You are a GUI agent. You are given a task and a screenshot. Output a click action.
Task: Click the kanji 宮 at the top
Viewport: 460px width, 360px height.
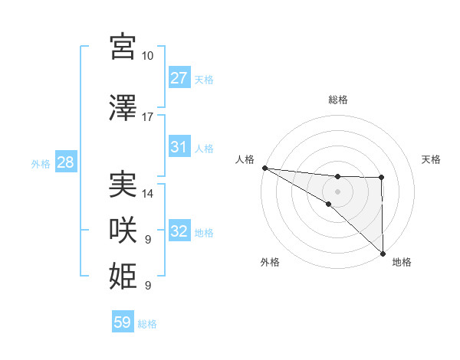click(x=123, y=46)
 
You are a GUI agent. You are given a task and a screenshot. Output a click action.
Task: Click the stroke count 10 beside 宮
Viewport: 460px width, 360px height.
click(x=148, y=56)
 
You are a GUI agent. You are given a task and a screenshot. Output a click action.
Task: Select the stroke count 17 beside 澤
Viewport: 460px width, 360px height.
click(x=148, y=117)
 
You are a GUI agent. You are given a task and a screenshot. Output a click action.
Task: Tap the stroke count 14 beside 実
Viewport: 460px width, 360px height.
click(x=148, y=194)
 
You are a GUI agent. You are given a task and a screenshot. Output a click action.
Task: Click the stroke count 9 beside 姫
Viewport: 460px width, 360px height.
click(x=148, y=285)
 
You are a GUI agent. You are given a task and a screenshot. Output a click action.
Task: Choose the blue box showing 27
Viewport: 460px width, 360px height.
click(x=179, y=77)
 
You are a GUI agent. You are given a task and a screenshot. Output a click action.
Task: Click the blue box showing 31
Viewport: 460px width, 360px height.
click(x=179, y=147)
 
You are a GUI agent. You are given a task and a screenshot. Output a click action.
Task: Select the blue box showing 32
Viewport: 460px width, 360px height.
click(x=179, y=231)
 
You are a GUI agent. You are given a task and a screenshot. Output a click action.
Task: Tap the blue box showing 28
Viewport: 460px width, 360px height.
click(x=65, y=162)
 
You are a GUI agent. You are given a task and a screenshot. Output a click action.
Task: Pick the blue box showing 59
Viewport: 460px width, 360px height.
click(x=123, y=322)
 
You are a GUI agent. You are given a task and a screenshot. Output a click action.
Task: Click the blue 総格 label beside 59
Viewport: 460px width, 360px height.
click(x=147, y=324)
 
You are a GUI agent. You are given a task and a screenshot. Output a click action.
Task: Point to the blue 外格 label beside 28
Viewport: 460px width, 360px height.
click(x=40, y=163)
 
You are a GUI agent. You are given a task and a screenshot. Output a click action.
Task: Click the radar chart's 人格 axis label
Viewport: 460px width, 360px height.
click(x=245, y=159)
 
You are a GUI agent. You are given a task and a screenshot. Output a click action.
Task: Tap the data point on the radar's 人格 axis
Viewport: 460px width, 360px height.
click(x=264, y=168)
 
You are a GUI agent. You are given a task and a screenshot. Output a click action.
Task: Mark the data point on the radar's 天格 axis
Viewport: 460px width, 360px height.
click(x=382, y=178)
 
